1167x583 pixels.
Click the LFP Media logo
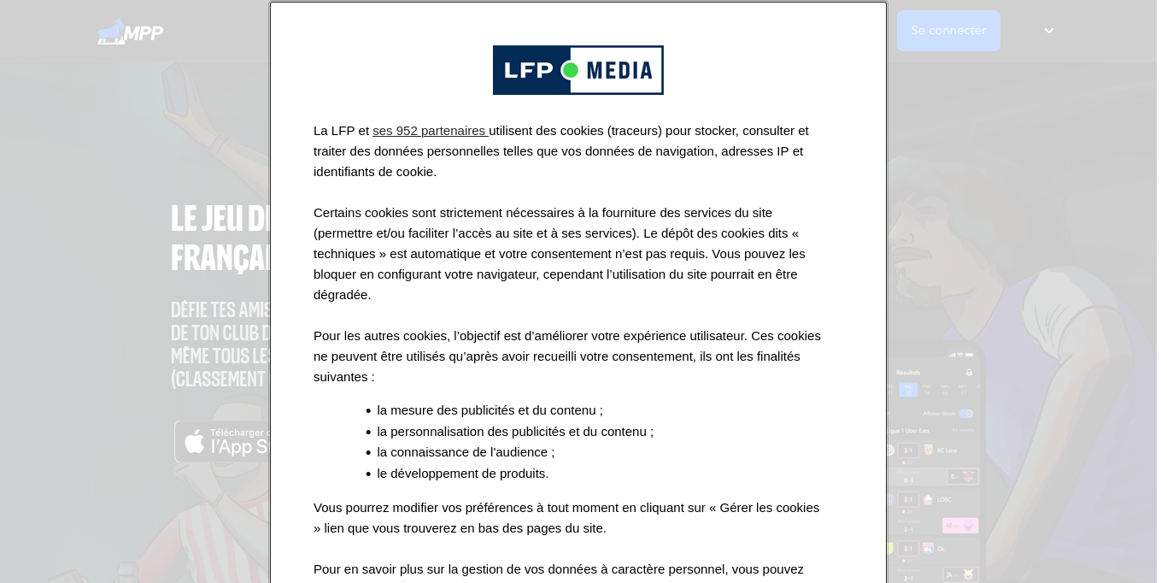(578, 70)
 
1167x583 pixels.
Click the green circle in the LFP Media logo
(570, 70)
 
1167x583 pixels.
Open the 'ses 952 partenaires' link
(429, 131)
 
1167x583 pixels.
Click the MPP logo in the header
(130, 32)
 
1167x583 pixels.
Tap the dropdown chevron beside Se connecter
(1049, 31)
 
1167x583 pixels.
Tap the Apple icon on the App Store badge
(195, 442)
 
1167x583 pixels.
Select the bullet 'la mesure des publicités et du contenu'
(490, 410)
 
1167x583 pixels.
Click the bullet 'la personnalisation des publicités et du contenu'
(515, 432)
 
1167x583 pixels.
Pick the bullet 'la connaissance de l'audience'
(466, 452)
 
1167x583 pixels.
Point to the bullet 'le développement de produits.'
(463, 474)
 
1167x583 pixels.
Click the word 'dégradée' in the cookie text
(341, 295)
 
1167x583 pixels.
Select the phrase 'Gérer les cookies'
(769, 508)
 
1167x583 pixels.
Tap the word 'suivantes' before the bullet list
(341, 377)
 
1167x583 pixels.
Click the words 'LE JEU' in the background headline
(206, 218)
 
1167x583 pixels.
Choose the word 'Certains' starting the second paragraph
(339, 213)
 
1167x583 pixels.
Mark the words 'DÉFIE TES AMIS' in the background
(221, 309)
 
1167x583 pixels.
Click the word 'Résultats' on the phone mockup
(908, 373)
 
